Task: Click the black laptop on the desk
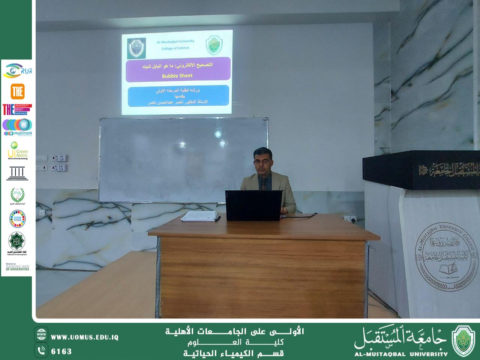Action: pos(253,205)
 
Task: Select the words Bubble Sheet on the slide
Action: pos(177,75)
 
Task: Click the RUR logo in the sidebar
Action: pos(17,71)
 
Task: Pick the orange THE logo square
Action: pos(17,91)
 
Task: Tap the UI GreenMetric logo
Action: pos(17,150)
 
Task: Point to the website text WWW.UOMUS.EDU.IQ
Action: pos(85,337)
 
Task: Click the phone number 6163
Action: pos(61,351)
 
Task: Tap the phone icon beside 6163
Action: pos(41,351)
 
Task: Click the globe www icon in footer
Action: pos(41,334)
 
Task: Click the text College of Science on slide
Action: pos(175,48)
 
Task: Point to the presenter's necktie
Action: pos(264,184)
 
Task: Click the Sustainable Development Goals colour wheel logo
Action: pos(17,219)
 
